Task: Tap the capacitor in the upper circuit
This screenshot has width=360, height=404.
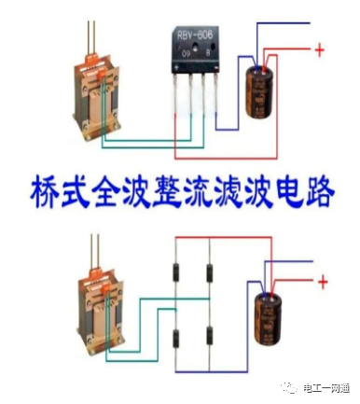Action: point(260,89)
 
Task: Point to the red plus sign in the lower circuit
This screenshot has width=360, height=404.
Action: point(323,280)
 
